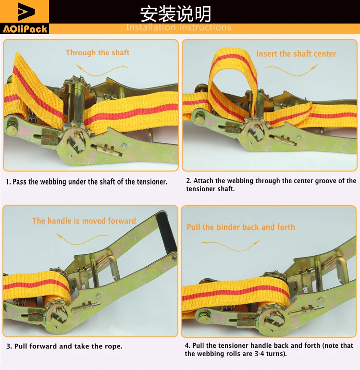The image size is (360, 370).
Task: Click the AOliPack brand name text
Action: [25, 29]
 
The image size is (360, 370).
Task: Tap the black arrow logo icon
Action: [26, 12]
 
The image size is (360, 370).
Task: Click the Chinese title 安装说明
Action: [175, 14]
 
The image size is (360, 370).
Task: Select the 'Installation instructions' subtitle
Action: [178, 27]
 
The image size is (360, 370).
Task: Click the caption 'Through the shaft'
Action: [98, 52]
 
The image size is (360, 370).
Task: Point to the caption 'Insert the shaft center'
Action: [296, 54]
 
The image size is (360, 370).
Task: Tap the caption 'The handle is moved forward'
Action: [84, 221]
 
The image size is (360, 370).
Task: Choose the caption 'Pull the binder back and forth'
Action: [241, 227]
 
